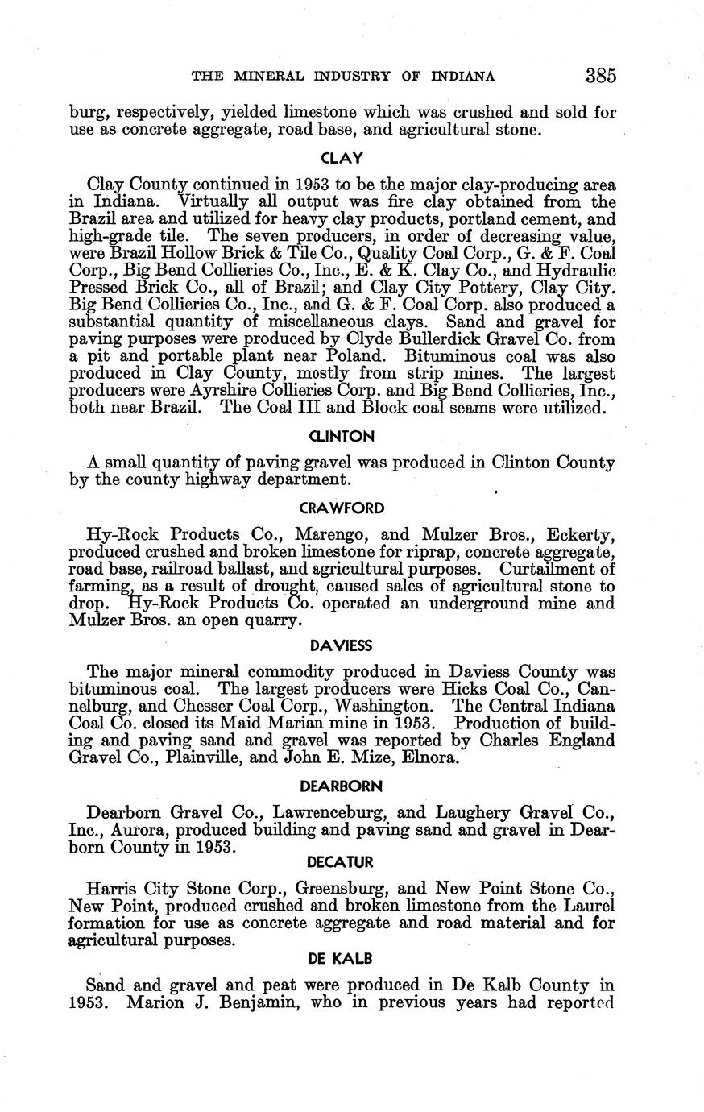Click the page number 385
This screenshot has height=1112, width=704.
tap(601, 77)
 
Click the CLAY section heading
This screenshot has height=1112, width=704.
tap(342, 158)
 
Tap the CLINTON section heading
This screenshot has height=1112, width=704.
tap(342, 437)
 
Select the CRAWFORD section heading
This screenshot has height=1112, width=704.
tap(342, 508)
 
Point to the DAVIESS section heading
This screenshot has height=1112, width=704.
tap(342, 645)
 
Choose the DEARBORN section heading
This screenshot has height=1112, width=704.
tap(342, 786)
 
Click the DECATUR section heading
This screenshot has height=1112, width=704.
tap(342, 863)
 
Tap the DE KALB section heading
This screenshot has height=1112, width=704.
tap(342, 959)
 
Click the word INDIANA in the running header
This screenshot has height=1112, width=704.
tap(463, 77)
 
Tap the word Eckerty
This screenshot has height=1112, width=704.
tap(582, 534)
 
